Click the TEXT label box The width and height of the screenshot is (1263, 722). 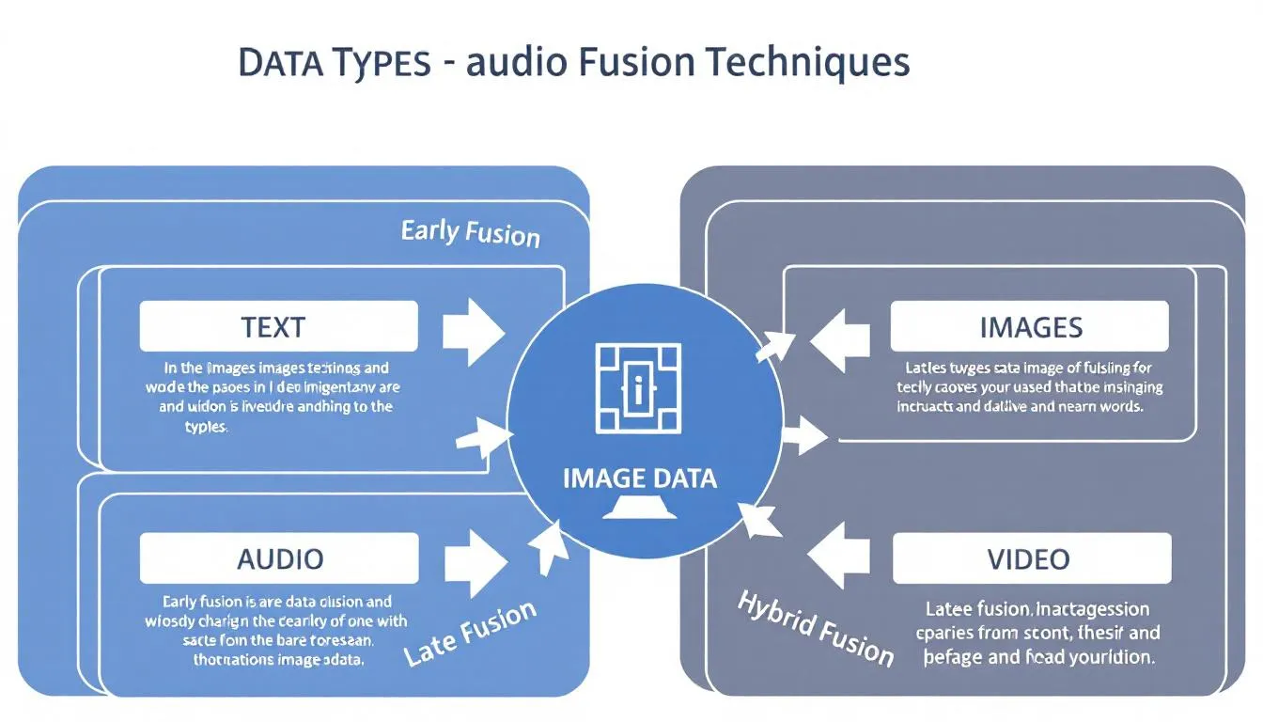tap(278, 326)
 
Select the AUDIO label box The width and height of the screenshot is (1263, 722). tap(279, 558)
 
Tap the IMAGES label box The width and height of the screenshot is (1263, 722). tap(1030, 326)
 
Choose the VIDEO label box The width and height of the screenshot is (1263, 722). tap(1031, 558)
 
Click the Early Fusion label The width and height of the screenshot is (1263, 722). tap(470, 232)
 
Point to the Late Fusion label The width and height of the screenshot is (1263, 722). tap(471, 633)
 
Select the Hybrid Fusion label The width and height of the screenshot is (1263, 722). tap(815, 627)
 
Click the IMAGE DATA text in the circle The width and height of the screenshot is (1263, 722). tap(639, 478)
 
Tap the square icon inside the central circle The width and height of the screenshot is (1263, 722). tap(639, 391)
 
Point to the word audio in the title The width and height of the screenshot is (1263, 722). tap(514, 62)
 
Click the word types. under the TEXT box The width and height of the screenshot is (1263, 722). tap(206, 426)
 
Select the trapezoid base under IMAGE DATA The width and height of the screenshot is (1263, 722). tap(640, 510)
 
